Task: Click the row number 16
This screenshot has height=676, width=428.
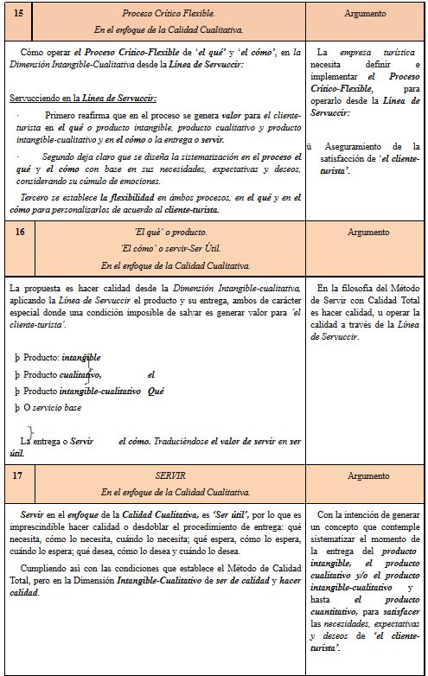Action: pyautogui.click(x=20, y=233)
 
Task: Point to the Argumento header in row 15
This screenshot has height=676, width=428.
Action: pyautogui.click(x=365, y=15)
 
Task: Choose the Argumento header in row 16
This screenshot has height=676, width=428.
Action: pyautogui.click(x=365, y=233)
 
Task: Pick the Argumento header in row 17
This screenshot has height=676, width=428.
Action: pyautogui.click(x=365, y=476)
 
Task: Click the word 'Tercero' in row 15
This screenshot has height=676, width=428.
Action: pyautogui.click(x=38, y=197)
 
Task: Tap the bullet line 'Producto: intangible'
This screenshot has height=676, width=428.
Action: pyautogui.click(x=58, y=357)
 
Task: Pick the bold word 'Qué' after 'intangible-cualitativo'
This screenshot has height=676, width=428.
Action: pyautogui.click(x=157, y=391)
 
